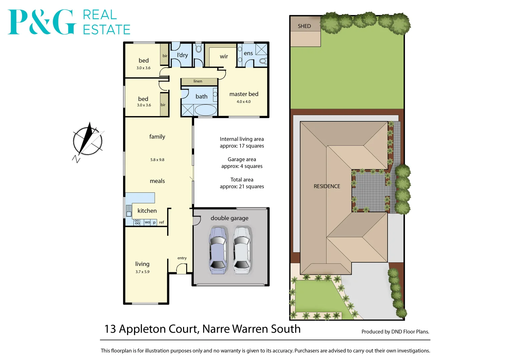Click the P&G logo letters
point(42,22)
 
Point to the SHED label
point(304,26)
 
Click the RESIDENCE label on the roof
point(327,186)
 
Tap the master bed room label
point(244,94)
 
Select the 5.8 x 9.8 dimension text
point(157,160)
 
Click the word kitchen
point(147,211)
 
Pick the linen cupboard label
point(198,81)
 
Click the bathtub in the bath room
point(205,110)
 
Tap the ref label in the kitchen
point(161,222)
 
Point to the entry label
point(182,258)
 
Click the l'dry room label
point(182,55)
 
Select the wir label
point(224,57)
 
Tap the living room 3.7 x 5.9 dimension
point(142,272)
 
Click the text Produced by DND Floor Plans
point(395,332)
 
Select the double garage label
point(229,218)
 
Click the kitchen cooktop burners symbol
point(137,222)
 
